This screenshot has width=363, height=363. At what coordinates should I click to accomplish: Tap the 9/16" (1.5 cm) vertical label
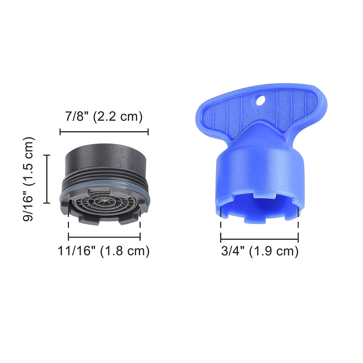(29, 179)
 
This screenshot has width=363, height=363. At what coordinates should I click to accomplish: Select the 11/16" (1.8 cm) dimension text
(104, 251)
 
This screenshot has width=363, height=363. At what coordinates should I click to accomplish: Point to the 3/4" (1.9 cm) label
(260, 251)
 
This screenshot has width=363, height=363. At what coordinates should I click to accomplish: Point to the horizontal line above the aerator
(104, 132)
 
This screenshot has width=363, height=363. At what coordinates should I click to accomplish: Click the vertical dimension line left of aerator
(46, 179)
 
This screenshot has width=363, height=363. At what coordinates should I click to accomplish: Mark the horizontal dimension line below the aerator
(104, 237)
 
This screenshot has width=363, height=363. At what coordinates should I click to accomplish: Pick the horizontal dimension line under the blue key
(260, 239)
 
